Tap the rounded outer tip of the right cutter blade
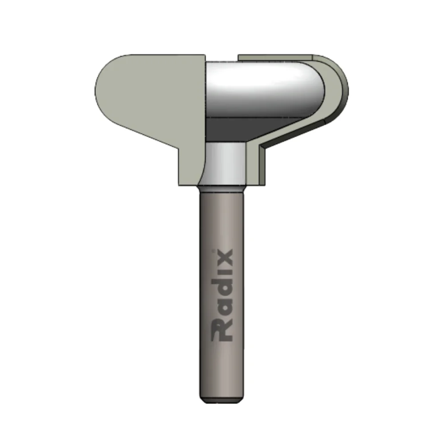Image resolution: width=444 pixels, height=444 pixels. click(344, 89)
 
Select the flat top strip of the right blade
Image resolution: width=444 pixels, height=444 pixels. click(275, 58)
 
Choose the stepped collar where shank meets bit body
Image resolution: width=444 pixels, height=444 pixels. click(222, 186)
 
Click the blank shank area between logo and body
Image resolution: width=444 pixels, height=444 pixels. click(222, 218)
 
